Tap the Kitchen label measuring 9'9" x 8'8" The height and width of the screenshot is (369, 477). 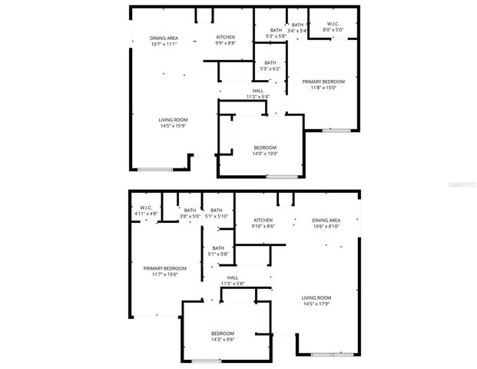click(225, 41)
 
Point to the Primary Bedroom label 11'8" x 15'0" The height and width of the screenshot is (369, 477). click(323, 85)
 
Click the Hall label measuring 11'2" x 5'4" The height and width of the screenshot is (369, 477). click(257, 94)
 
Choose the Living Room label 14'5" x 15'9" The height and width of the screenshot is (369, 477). click(173, 123)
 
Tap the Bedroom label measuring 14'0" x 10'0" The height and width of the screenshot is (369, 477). click(265, 151)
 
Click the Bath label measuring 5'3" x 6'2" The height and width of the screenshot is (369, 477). click(270, 66)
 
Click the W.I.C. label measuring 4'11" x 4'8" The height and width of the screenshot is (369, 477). click(145, 212)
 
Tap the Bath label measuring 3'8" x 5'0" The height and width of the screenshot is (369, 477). click(190, 214)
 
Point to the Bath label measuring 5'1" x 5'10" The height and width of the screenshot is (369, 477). click(217, 214)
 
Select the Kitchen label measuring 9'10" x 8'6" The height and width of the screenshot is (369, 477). click(263, 224)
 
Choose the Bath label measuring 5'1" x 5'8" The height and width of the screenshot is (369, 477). click(218, 251)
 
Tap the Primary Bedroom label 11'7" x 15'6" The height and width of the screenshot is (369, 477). click(164, 271)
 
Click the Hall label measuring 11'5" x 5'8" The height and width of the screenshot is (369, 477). click(232, 281)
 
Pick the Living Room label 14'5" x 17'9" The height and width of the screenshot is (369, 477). click(316, 301)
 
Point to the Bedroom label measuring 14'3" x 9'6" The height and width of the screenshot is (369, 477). click(223, 337)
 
